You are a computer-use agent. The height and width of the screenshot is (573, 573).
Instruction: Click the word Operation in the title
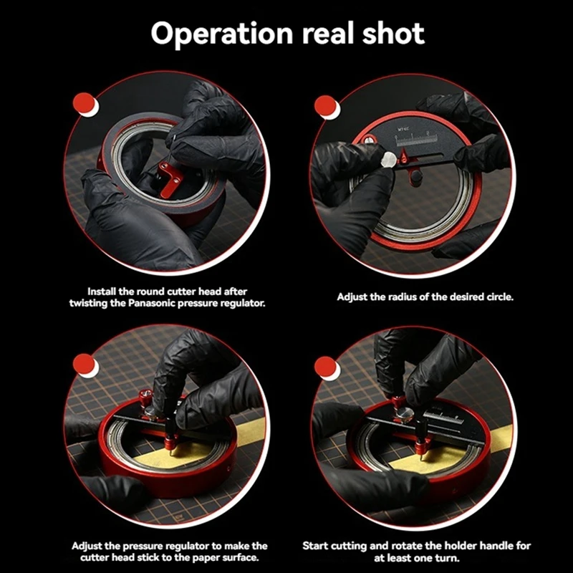point(222,34)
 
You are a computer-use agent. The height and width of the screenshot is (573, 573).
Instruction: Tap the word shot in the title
point(393,33)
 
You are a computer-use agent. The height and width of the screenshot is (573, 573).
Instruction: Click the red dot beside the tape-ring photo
point(84,103)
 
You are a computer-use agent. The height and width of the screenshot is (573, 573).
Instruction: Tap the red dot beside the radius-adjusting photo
point(325,106)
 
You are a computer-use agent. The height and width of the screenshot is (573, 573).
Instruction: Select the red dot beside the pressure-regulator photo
point(84,364)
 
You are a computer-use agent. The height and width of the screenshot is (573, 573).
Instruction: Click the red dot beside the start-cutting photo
point(325,367)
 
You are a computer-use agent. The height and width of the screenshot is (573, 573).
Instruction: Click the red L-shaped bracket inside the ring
point(170,180)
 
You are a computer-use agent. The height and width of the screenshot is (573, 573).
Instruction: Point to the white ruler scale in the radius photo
point(416,140)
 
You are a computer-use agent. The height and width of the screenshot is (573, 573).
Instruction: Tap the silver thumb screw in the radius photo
point(388,160)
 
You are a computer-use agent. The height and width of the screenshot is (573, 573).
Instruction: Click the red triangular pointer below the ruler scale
point(403,156)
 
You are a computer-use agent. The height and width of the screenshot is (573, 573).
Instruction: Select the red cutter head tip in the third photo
point(170,443)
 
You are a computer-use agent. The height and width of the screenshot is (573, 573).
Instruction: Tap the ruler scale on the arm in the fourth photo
point(443,418)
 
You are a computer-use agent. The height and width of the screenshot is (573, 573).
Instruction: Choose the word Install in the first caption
point(101,292)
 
